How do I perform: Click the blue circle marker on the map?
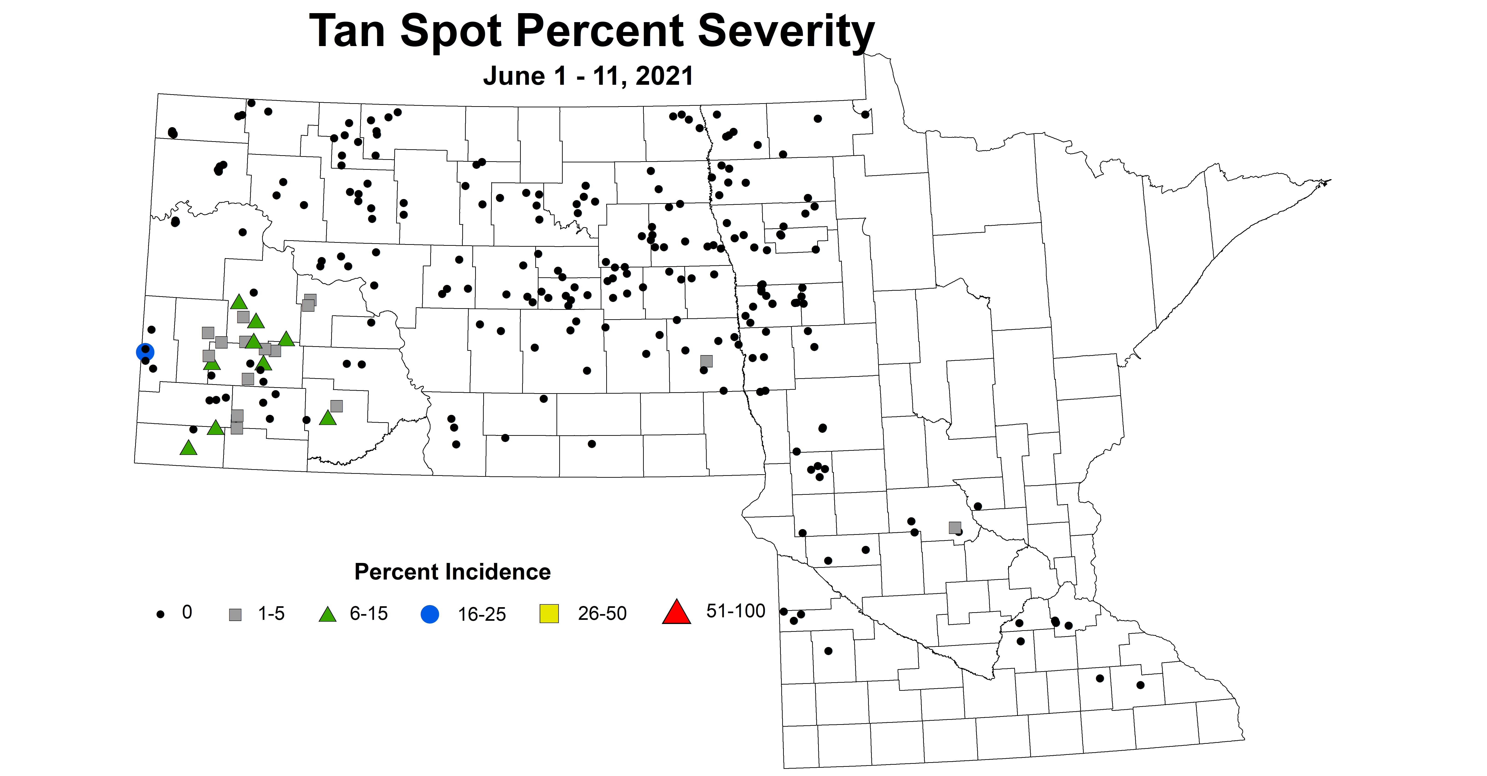[145, 352]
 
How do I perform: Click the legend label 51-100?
[735, 611]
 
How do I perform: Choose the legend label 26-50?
[602, 613]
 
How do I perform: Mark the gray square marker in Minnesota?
[955, 527]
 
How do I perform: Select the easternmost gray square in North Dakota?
[706, 361]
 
